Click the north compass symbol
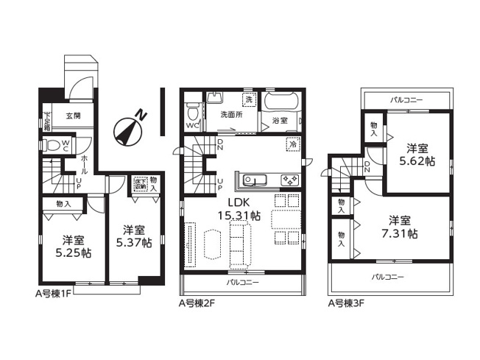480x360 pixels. click(x=128, y=129)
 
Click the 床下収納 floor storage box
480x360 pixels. click(x=140, y=185)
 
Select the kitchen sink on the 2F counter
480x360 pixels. click(x=253, y=180)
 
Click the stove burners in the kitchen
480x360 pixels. click(x=287, y=180)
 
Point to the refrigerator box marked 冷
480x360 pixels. click(x=292, y=145)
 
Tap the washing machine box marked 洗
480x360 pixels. click(x=248, y=99)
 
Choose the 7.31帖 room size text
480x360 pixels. click(x=403, y=227)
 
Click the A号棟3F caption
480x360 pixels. click(x=347, y=302)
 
